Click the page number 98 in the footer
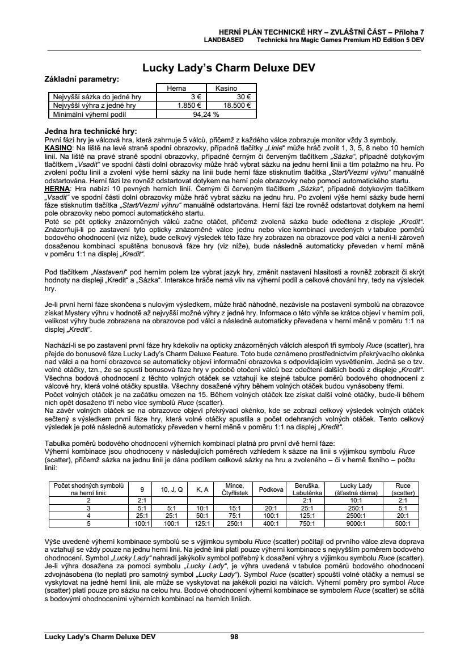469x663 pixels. (234, 636)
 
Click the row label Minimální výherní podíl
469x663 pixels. (91, 113)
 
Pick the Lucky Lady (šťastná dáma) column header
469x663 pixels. (356, 489)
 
